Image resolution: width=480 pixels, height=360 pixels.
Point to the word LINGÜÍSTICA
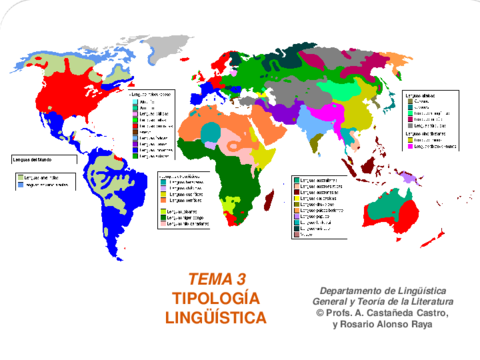pyautogui.click(x=216, y=318)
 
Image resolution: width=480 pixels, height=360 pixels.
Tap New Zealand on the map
pyautogui.click(x=462, y=240)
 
